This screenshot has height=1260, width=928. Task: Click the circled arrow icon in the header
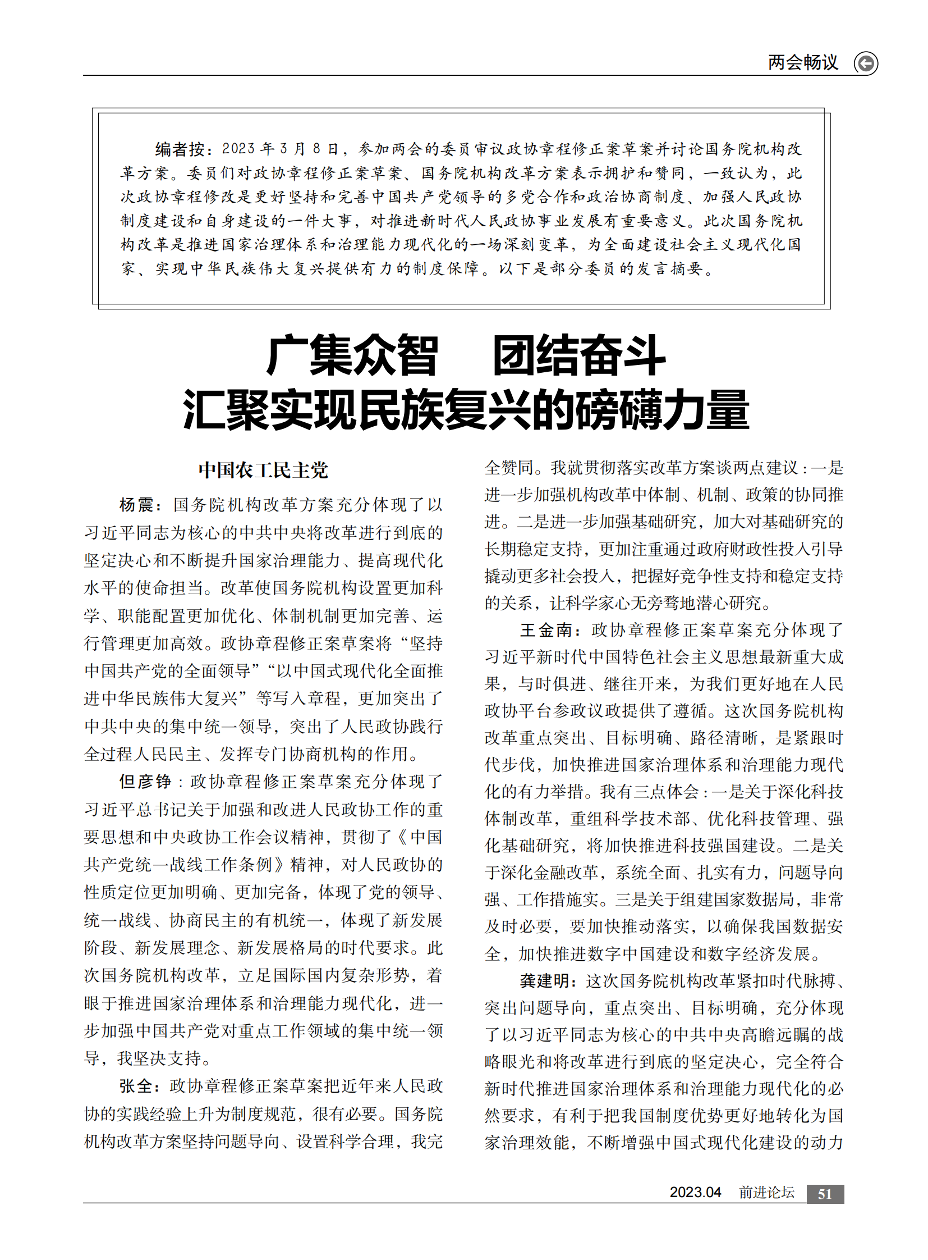point(866,63)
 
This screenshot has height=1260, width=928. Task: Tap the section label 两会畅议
point(803,62)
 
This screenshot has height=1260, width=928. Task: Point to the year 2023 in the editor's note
point(238,148)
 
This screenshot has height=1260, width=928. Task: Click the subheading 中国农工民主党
point(263,470)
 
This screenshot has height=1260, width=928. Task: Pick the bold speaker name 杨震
point(136,504)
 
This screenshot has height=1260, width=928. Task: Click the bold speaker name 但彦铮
point(145,782)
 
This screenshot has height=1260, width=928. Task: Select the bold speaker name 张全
point(135,1086)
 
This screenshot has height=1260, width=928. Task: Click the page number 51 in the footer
point(825,1194)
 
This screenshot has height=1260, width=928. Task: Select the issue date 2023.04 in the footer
point(695,1193)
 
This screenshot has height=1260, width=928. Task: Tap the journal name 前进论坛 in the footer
point(766,1193)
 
